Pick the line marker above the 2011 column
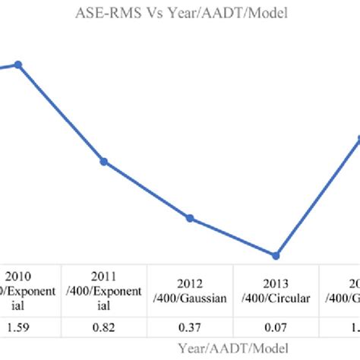(104, 161)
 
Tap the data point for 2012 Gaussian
(190, 219)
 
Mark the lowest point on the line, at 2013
(276, 255)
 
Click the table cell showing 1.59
(20, 327)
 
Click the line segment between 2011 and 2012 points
(147, 190)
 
